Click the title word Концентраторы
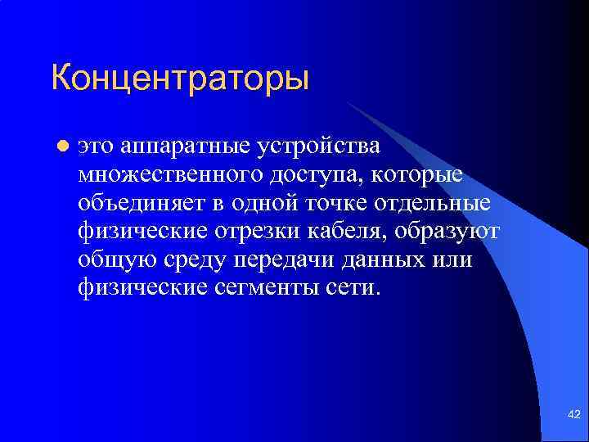pyautogui.click(x=180, y=79)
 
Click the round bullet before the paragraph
pyautogui.click(x=61, y=147)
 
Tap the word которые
pyautogui.click(x=420, y=175)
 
